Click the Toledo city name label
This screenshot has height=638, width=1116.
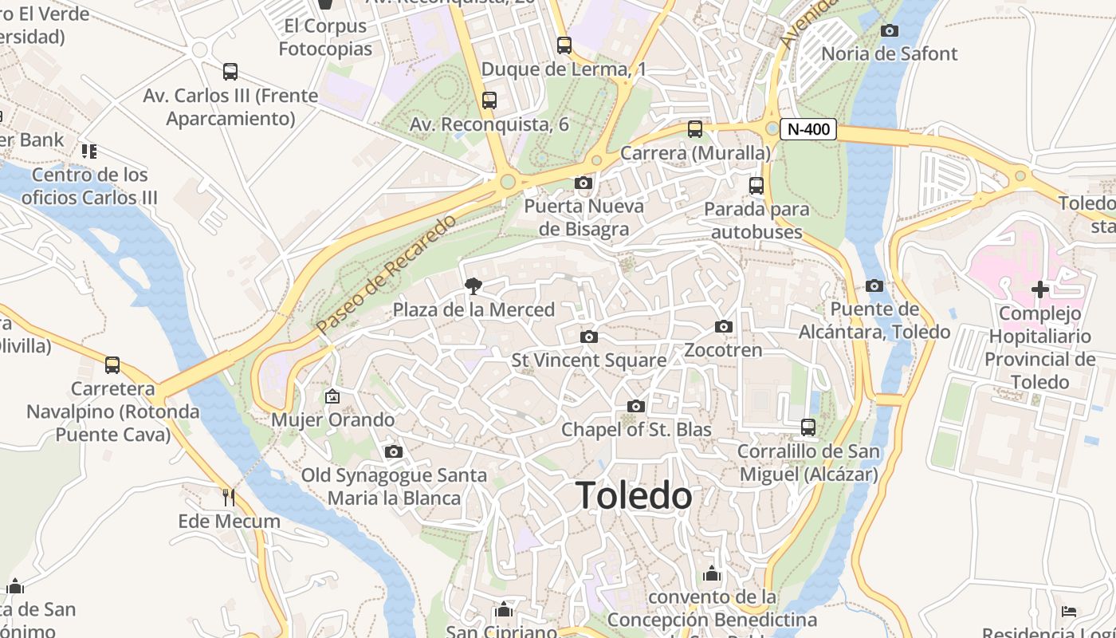[x=634, y=495]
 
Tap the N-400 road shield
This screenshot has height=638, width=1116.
[x=808, y=129]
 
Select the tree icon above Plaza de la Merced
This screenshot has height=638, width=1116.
[x=473, y=286]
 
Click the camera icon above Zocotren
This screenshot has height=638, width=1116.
[x=724, y=326]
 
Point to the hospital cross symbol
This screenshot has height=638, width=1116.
[x=1039, y=289]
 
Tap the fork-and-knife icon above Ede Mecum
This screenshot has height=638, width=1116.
[x=229, y=498]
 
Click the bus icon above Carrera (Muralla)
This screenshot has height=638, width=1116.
[x=695, y=129]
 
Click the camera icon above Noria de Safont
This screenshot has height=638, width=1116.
[x=889, y=31]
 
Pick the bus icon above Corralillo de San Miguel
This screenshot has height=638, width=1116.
[x=808, y=427]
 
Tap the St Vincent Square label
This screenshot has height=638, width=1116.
[x=589, y=360]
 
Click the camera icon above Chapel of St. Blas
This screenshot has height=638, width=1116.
[x=635, y=407]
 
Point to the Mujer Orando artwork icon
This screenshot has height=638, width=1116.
[x=332, y=396]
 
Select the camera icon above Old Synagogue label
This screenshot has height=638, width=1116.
[x=393, y=452]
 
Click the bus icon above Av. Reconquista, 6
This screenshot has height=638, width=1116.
[x=489, y=100]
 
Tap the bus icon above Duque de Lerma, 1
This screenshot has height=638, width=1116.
[x=564, y=45]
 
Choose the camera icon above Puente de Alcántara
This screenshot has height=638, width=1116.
[x=874, y=286]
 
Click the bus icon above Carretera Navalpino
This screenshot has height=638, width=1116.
[x=112, y=365]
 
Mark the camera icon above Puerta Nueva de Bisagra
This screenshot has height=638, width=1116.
[x=584, y=183]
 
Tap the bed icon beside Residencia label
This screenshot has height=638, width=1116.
[x=1069, y=612]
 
